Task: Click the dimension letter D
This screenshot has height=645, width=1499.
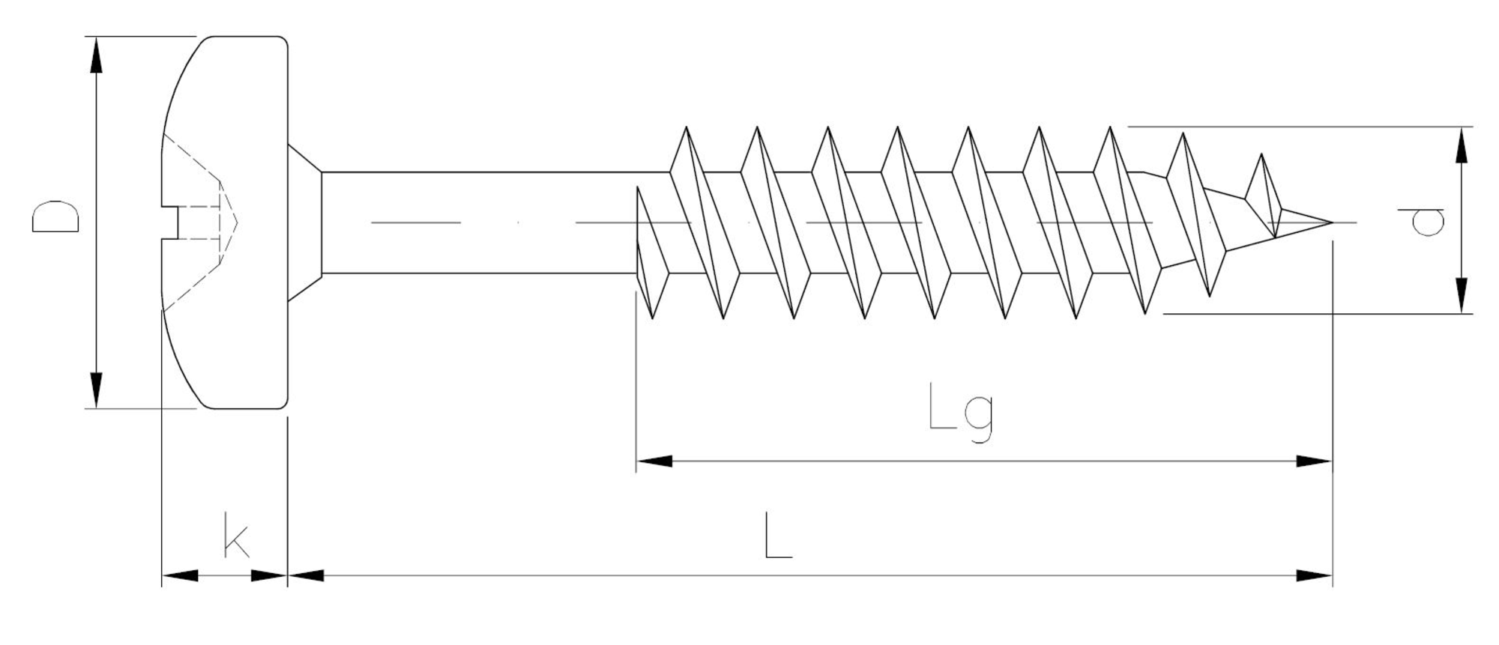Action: click(x=55, y=216)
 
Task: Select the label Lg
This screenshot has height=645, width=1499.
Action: click(x=960, y=412)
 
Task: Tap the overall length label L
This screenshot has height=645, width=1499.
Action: click(x=777, y=535)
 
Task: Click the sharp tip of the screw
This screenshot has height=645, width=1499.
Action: click(x=1330, y=222)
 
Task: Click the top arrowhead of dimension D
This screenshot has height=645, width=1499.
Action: click(x=96, y=56)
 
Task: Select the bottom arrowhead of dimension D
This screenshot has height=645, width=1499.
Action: click(x=96, y=389)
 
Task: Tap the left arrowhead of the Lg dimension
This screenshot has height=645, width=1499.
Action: click(x=654, y=461)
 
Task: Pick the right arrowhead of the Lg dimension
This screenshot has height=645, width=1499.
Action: click(x=1313, y=461)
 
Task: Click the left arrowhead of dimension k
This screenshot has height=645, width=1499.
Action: click(x=180, y=575)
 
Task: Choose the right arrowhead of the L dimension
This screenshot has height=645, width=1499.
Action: click(x=1313, y=575)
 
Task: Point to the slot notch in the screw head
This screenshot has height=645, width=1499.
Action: click(x=171, y=222)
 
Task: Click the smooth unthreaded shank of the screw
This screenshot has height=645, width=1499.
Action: click(x=480, y=222)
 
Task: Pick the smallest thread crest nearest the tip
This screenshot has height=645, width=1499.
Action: click(x=1261, y=156)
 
